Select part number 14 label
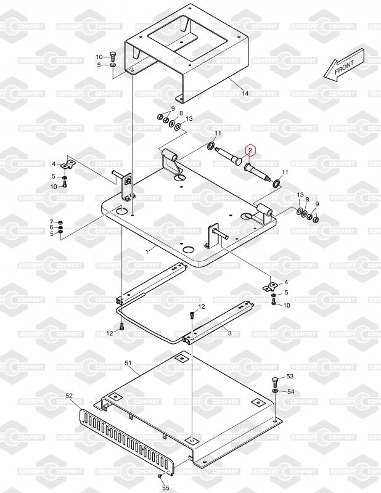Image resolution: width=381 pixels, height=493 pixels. pyautogui.click(x=245, y=94)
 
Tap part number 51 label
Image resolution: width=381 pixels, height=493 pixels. pyautogui.click(x=128, y=364)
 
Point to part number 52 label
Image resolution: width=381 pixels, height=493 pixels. pyautogui.click(x=69, y=395)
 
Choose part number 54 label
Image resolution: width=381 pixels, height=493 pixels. pyautogui.click(x=291, y=391)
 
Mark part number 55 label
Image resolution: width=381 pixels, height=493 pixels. pyautogui.click(x=165, y=487)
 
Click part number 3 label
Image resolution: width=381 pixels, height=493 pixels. pyautogui.click(x=229, y=333)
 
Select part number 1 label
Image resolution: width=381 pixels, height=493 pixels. pyautogui.click(x=147, y=251)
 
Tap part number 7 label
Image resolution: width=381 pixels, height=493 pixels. pyautogui.click(x=52, y=221)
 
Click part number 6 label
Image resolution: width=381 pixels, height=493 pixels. pyautogui.click(x=52, y=227)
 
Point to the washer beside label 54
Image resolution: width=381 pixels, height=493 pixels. pyautogui.click(x=274, y=391)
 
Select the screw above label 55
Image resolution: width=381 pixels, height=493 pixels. pyautogui.click(x=160, y=475)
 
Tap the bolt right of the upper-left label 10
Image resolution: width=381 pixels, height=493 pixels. pyautogui.click(x=113, y=56)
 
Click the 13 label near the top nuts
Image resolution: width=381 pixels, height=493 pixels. pyautogui.click(x=189, y=118)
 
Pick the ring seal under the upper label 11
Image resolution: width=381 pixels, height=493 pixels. pyautogui.click(x=211, y=146)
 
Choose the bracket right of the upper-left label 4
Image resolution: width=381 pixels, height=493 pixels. pyautogui.click(x=69, y=163)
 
